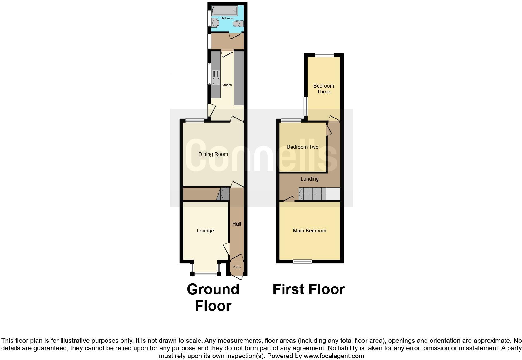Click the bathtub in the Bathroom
[224, 12]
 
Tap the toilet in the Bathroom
[238, 23]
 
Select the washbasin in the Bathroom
[215, 23]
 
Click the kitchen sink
[216, 77]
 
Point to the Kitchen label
[227, 85]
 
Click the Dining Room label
[213, 154]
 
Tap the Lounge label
[205, 231]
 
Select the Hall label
[237, 224]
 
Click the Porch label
[237, 267]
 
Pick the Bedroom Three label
[323, 89]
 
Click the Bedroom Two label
[303, 147]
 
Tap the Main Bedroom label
[309, 231]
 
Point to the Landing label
[309, 179]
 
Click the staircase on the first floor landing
[313, 194]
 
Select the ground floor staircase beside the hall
[223, 194]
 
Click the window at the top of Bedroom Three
[324, 55]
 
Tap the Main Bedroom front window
[302, 262]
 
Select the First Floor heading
[308, 289]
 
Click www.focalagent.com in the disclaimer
[333, 356]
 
